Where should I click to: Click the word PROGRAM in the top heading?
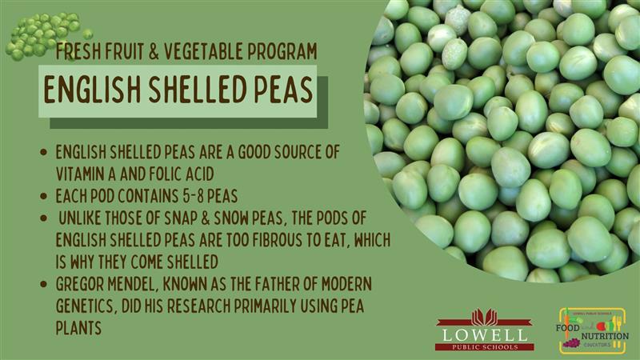(282, 51)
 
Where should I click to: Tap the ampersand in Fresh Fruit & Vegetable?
(154, 51)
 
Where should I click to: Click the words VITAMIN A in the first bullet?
(86, 174)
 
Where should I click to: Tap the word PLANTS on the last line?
(78, 328)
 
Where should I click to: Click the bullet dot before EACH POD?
(44, 196)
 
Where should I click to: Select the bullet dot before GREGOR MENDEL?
(44, 284)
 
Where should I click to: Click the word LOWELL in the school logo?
(485, 335)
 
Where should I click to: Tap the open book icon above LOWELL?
(485, 317)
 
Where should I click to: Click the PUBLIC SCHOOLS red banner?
(485, 347)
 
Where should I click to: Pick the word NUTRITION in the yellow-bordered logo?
(605, 336)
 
